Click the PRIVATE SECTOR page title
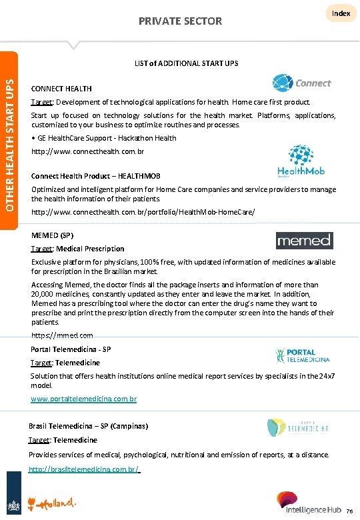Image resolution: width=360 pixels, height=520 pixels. pos(180,21)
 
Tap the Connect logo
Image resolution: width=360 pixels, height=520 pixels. pos(301,83)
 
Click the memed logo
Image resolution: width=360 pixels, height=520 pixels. pos(303,240)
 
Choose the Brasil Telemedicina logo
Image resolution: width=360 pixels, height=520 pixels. pos(298,427)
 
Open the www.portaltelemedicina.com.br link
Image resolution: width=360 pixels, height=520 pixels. pos(84,399)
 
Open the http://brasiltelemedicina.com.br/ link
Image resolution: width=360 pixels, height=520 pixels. pos(84,469)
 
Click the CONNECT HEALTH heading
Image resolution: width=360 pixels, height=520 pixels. pos(61,89)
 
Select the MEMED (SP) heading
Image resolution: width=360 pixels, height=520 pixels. pos(52,235)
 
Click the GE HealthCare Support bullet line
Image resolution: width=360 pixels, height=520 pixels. pos(103,138)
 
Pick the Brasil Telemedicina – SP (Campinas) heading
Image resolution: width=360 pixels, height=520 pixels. pos(89,425)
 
